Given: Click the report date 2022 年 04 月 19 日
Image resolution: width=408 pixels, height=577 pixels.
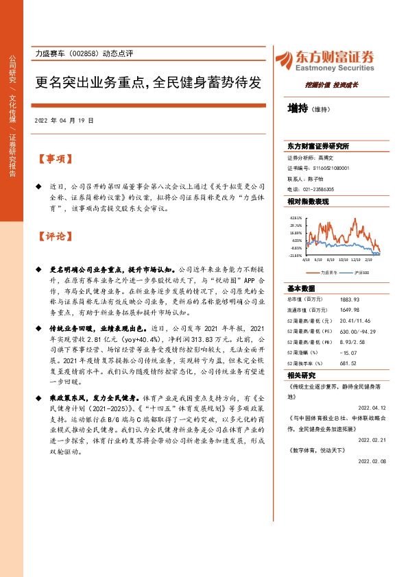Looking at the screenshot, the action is (x=64, y=120).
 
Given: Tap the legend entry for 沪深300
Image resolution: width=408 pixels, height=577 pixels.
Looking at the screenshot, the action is (x=362, y=273).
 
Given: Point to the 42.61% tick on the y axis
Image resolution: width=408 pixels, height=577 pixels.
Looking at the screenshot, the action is (x=296, y=218).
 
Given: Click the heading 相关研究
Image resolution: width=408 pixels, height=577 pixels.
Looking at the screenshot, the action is (x=302, y=376).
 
